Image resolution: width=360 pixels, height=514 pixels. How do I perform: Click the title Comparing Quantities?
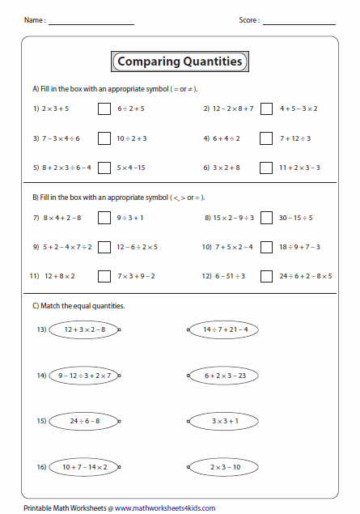(180, 62)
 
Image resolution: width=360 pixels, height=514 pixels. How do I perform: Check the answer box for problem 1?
(104, 108)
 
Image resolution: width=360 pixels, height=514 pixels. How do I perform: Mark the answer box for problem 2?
(266, 108)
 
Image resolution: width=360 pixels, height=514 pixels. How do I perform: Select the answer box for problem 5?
(104, 168)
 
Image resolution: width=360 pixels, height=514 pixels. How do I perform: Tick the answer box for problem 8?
(266, 217)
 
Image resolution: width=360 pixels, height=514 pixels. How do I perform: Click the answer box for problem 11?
(104, 276)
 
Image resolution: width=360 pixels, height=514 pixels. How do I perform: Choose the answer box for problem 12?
(266, 276)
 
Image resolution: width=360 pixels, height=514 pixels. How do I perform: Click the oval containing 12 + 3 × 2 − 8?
(83, 329)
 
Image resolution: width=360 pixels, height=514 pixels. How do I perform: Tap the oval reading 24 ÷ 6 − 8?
(83, 421)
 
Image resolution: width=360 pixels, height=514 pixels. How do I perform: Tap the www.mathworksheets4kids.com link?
(165, 508)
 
